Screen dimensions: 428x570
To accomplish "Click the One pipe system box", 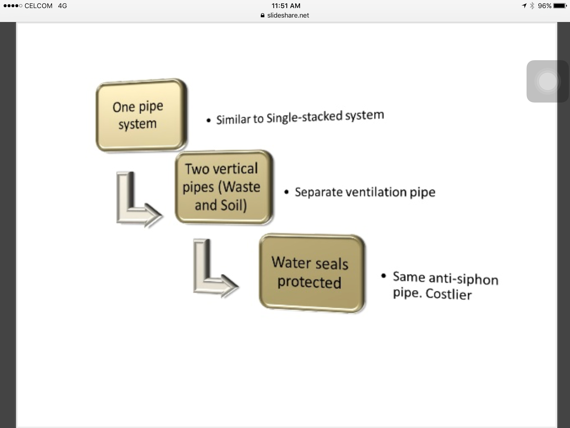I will pos(141,115).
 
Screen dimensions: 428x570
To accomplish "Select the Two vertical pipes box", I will pos(224,187).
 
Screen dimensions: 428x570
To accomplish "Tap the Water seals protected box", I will pos(312,273).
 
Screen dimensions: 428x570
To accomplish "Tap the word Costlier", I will pos(449,294).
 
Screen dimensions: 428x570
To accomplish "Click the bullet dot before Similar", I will pos(209,121).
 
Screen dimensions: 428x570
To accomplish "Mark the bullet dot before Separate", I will pos(286,192).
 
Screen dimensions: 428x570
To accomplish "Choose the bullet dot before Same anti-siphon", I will pos(384,276).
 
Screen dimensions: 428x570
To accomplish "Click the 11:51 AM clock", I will pos(286,6).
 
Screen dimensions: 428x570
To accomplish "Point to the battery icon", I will pos(560,6).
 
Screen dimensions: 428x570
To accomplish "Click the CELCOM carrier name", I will pos(38,6).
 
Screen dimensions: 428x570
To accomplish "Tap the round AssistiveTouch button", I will pos(547,81).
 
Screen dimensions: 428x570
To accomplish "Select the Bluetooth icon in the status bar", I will pos(532,6).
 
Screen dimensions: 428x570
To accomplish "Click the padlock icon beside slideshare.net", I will pos(263,15).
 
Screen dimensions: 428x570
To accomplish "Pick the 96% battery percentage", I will pos(544,6).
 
